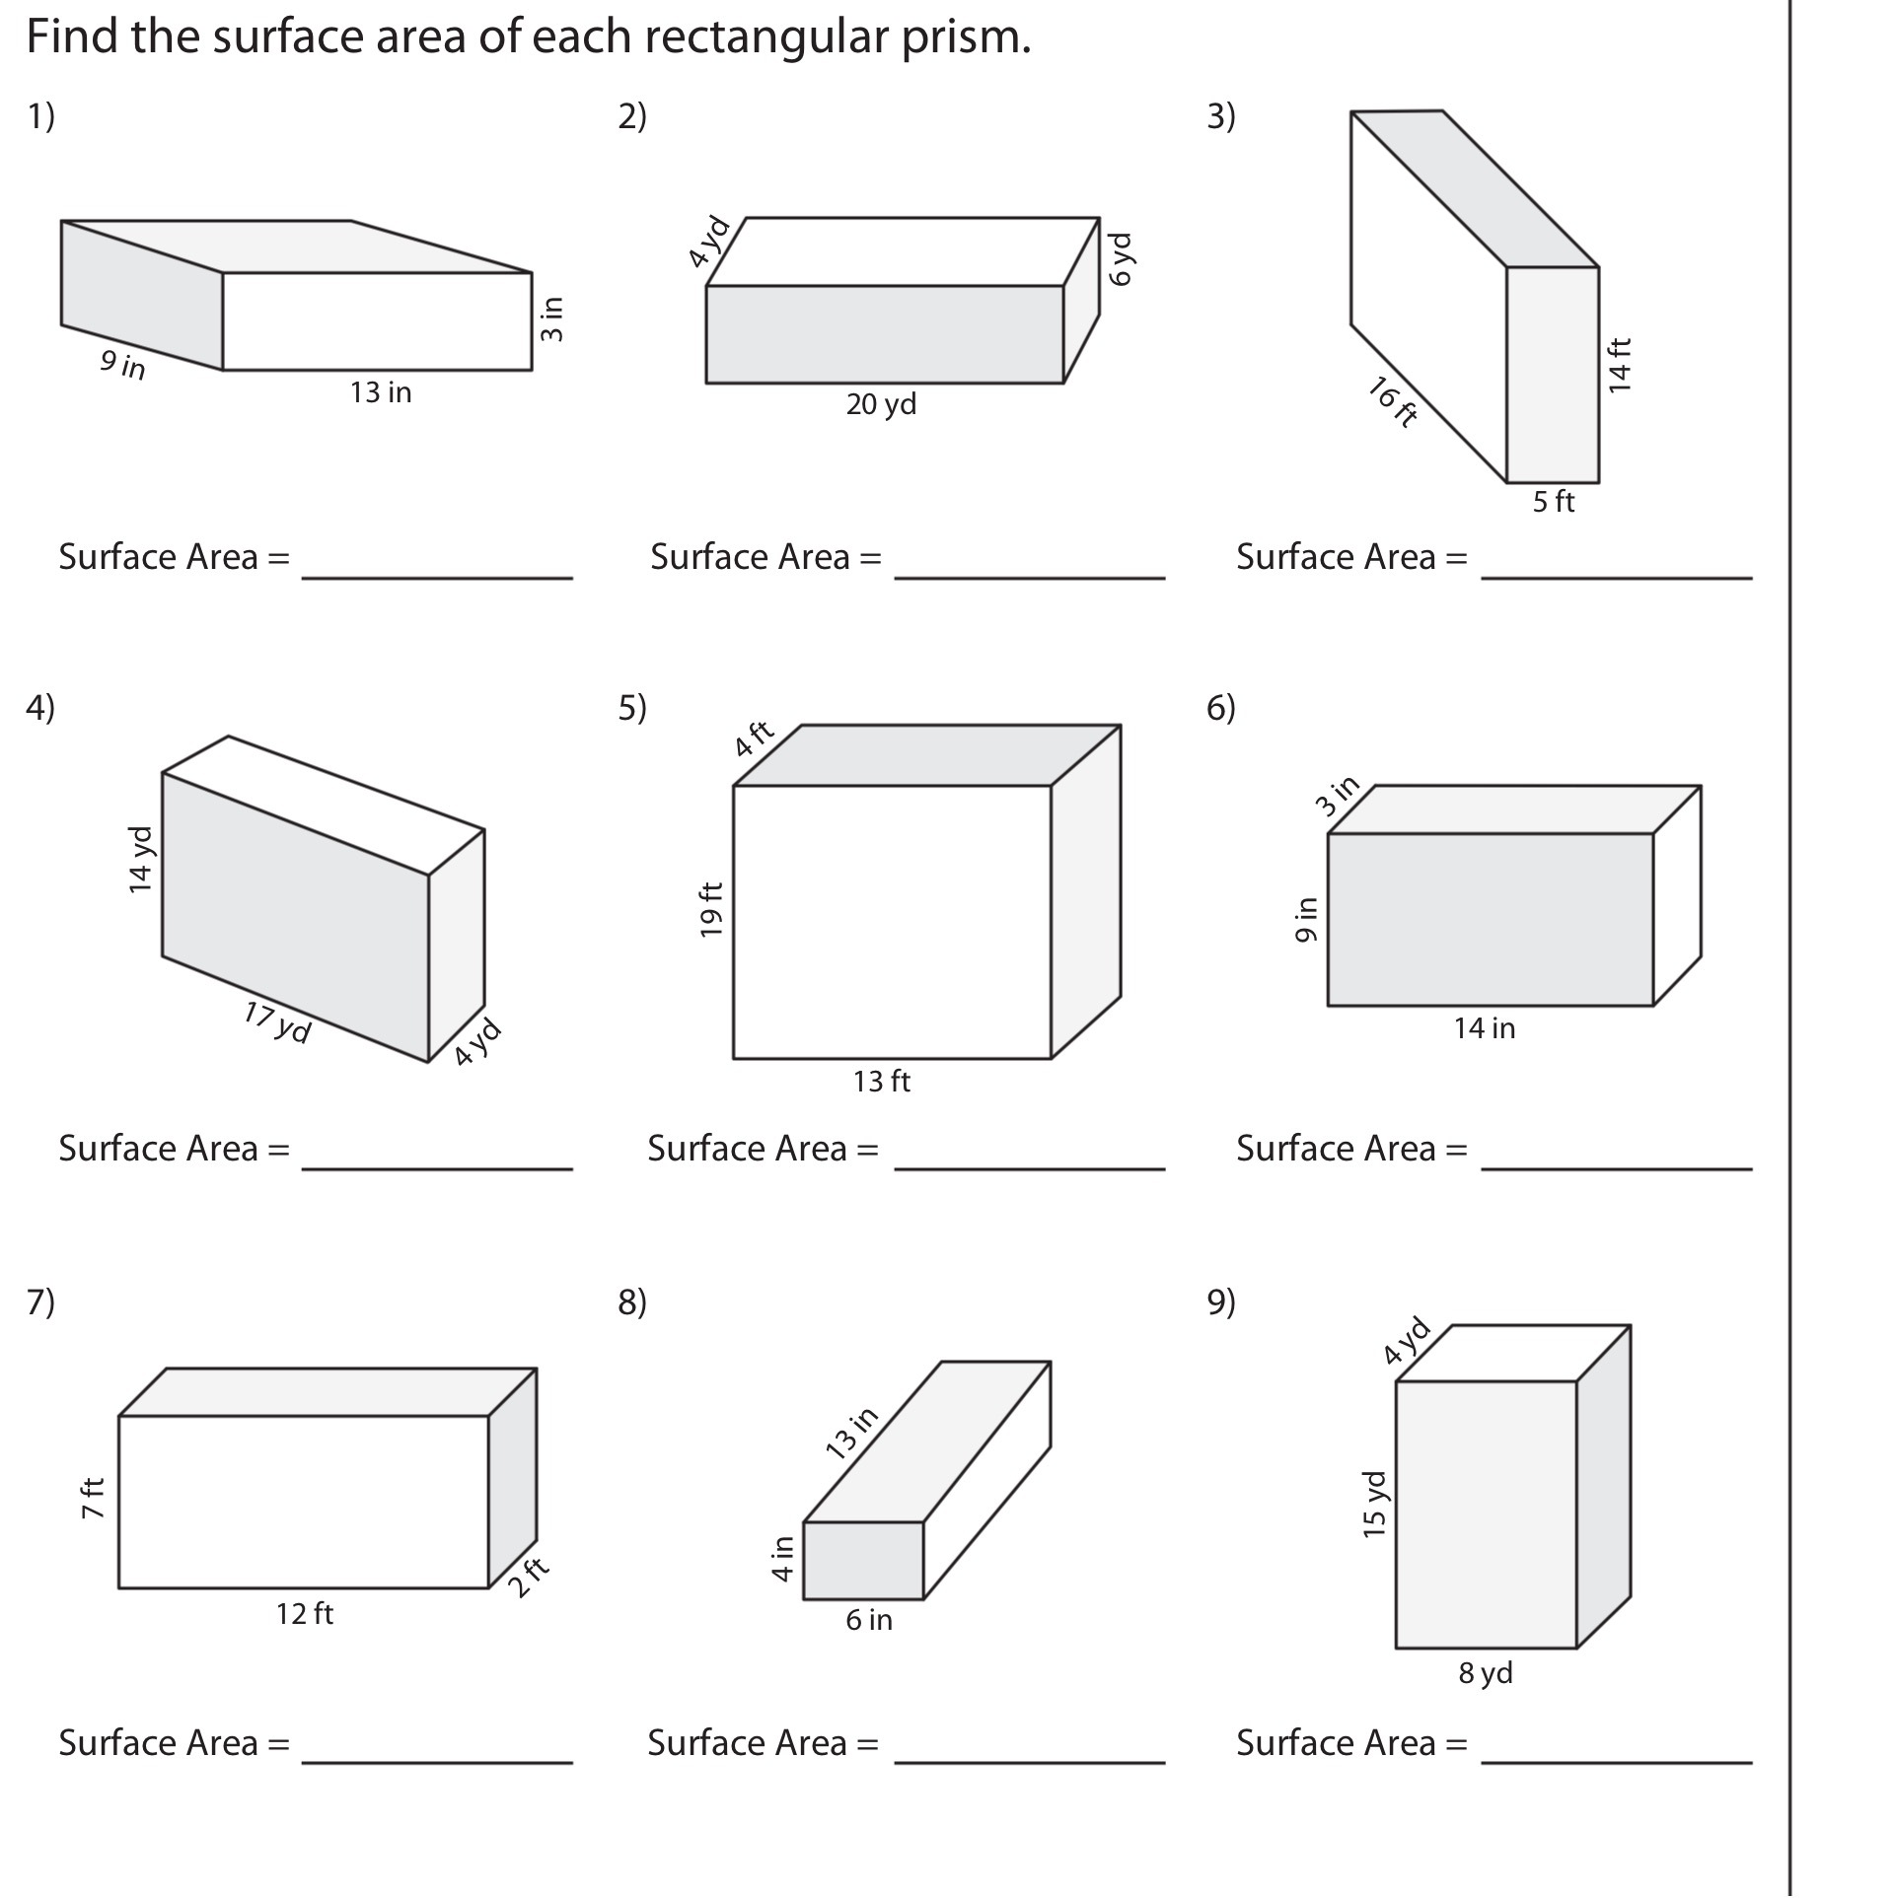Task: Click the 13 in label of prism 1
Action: coord(381,392)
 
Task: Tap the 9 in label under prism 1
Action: coord(122,365)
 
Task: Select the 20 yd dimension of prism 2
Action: coord(881,404)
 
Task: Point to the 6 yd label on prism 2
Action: coord(1122,259)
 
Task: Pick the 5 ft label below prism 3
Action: coord(1553,502)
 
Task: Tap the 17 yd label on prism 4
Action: coord(277,1022)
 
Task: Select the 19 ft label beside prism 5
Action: coord(711,909)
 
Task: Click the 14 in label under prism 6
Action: coord(1484,1028)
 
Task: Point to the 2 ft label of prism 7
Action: coord(529,1578)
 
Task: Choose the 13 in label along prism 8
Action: coord(851,1433)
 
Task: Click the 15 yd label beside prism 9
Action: coord(1374,1504)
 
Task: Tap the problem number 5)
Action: coord(632,708)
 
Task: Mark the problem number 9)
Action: coord(1220,1301)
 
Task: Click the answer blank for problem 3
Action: coord(1616,564)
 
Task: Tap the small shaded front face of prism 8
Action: coord(863,1560)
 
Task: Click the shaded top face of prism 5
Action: coord(927,755)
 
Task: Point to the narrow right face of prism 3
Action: coord(1553,375)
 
